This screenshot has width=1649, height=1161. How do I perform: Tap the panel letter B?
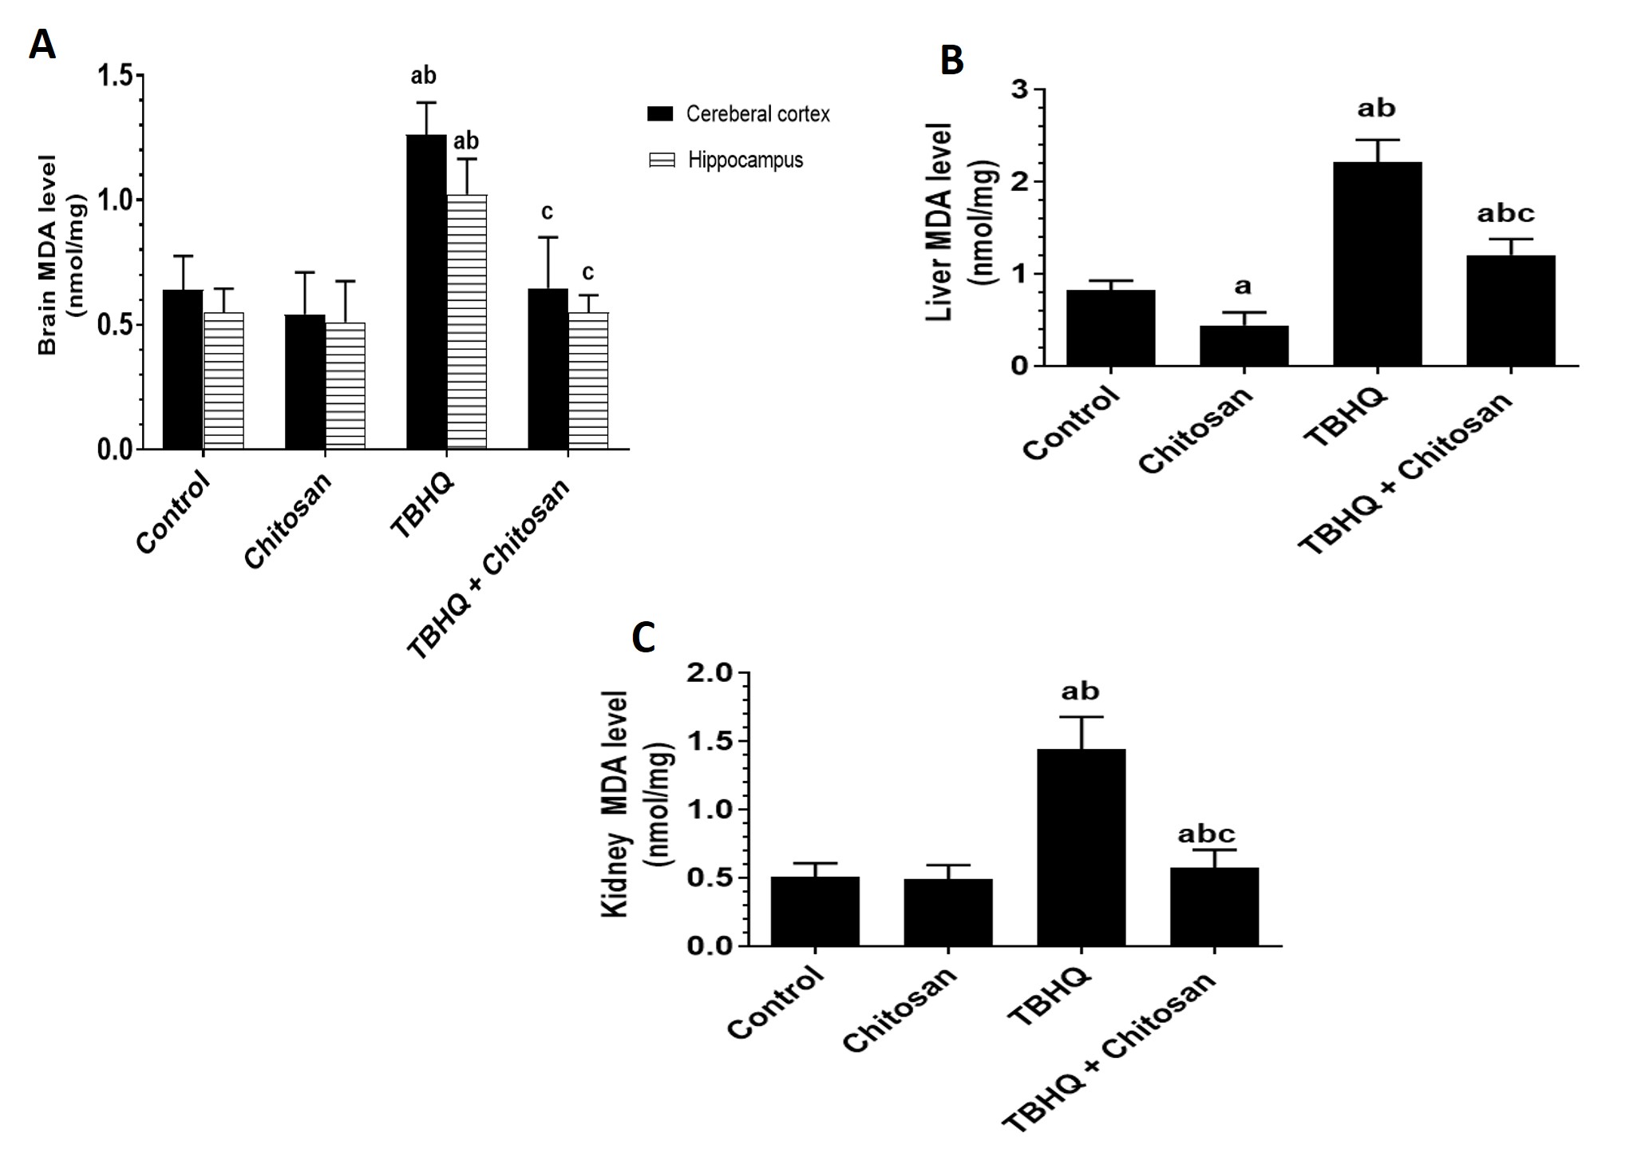pos(951,61)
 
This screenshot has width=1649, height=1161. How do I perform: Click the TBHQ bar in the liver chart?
pos(1377,264)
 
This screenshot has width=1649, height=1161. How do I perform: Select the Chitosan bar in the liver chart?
pos(1244,346)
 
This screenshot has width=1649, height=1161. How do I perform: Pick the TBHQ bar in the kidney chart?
pos(1081,846)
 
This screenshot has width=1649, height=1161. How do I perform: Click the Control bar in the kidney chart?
pos(815,911)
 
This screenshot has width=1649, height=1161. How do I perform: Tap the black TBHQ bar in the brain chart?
pos(426,291)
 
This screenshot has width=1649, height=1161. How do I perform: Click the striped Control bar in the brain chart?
pos(223,380)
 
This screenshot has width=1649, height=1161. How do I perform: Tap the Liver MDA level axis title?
pos(940,222)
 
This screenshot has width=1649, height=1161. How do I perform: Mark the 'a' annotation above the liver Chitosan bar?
pos(1243,286)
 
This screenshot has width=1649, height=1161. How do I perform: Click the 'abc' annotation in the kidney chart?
pos(1206,834)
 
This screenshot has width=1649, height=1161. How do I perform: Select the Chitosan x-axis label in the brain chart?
pos(287,521)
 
